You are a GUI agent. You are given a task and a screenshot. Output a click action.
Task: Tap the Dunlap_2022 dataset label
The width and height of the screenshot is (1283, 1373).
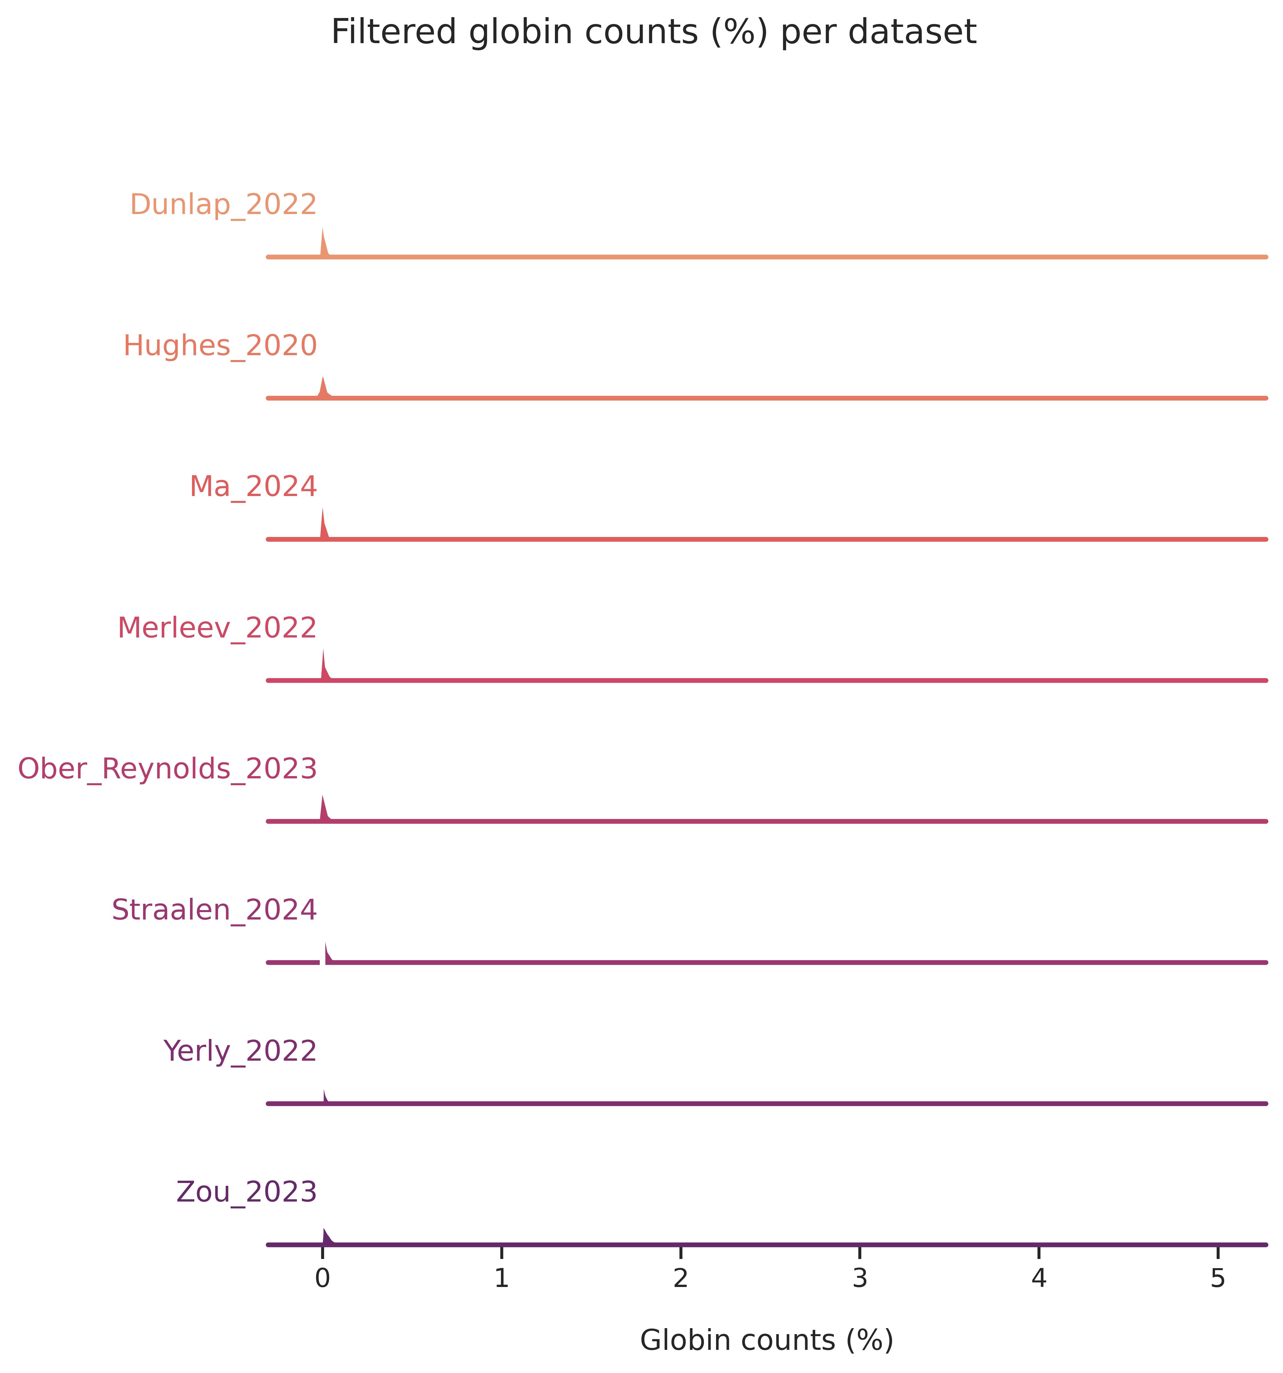click(x=223, y=205)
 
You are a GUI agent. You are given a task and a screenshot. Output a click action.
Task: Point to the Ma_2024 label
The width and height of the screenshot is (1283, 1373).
click(x=253, y=487)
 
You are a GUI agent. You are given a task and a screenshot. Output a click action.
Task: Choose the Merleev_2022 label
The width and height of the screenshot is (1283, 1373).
click(x=217, y=628)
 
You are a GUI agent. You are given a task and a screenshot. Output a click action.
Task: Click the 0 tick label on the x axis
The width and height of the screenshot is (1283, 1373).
click(x=322, y=1279)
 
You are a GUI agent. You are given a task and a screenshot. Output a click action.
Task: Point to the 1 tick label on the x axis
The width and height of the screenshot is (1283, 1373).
click(x=501, y=1279)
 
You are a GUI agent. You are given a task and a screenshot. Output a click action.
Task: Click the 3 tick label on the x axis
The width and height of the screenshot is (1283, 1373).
click(x=860, y=1279)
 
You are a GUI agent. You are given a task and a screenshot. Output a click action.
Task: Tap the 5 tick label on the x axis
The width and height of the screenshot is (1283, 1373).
click(x=1218, y=1279)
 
